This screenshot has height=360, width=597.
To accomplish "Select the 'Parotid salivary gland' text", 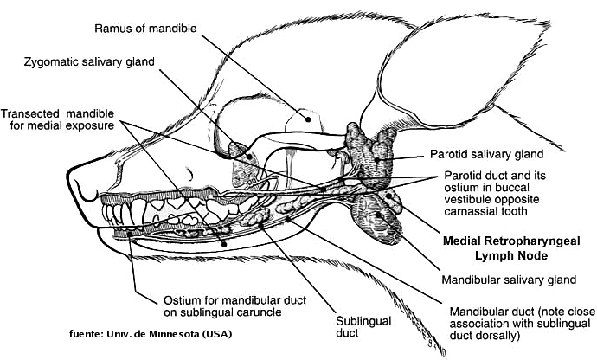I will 485,157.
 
